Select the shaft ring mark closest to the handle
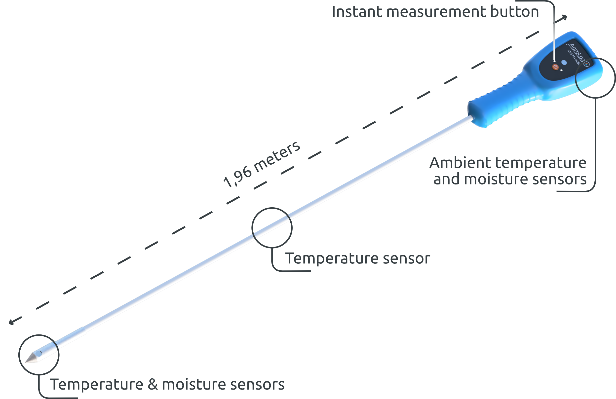point(288,217)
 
